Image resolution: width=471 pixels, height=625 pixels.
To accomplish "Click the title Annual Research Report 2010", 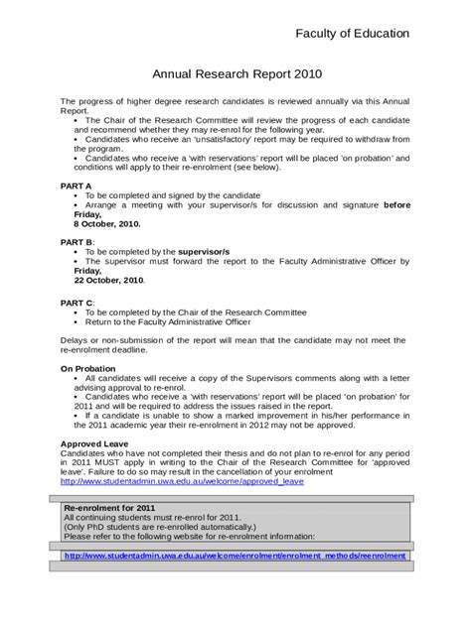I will click(235, 73).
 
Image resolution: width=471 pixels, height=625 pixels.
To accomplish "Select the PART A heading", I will click(77, 186).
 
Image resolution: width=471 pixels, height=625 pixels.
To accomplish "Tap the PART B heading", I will click(78, 242).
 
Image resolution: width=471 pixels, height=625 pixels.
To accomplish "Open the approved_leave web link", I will click(182, 482).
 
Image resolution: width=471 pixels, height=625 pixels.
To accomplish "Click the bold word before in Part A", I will click(396, 204).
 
